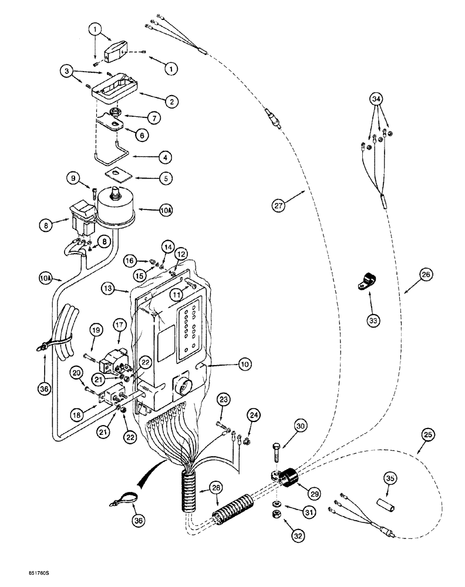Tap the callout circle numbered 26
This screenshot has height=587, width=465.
point(426,274)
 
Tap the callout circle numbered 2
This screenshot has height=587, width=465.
point(171,103)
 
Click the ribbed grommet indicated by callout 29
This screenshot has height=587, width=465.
point(288,475)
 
